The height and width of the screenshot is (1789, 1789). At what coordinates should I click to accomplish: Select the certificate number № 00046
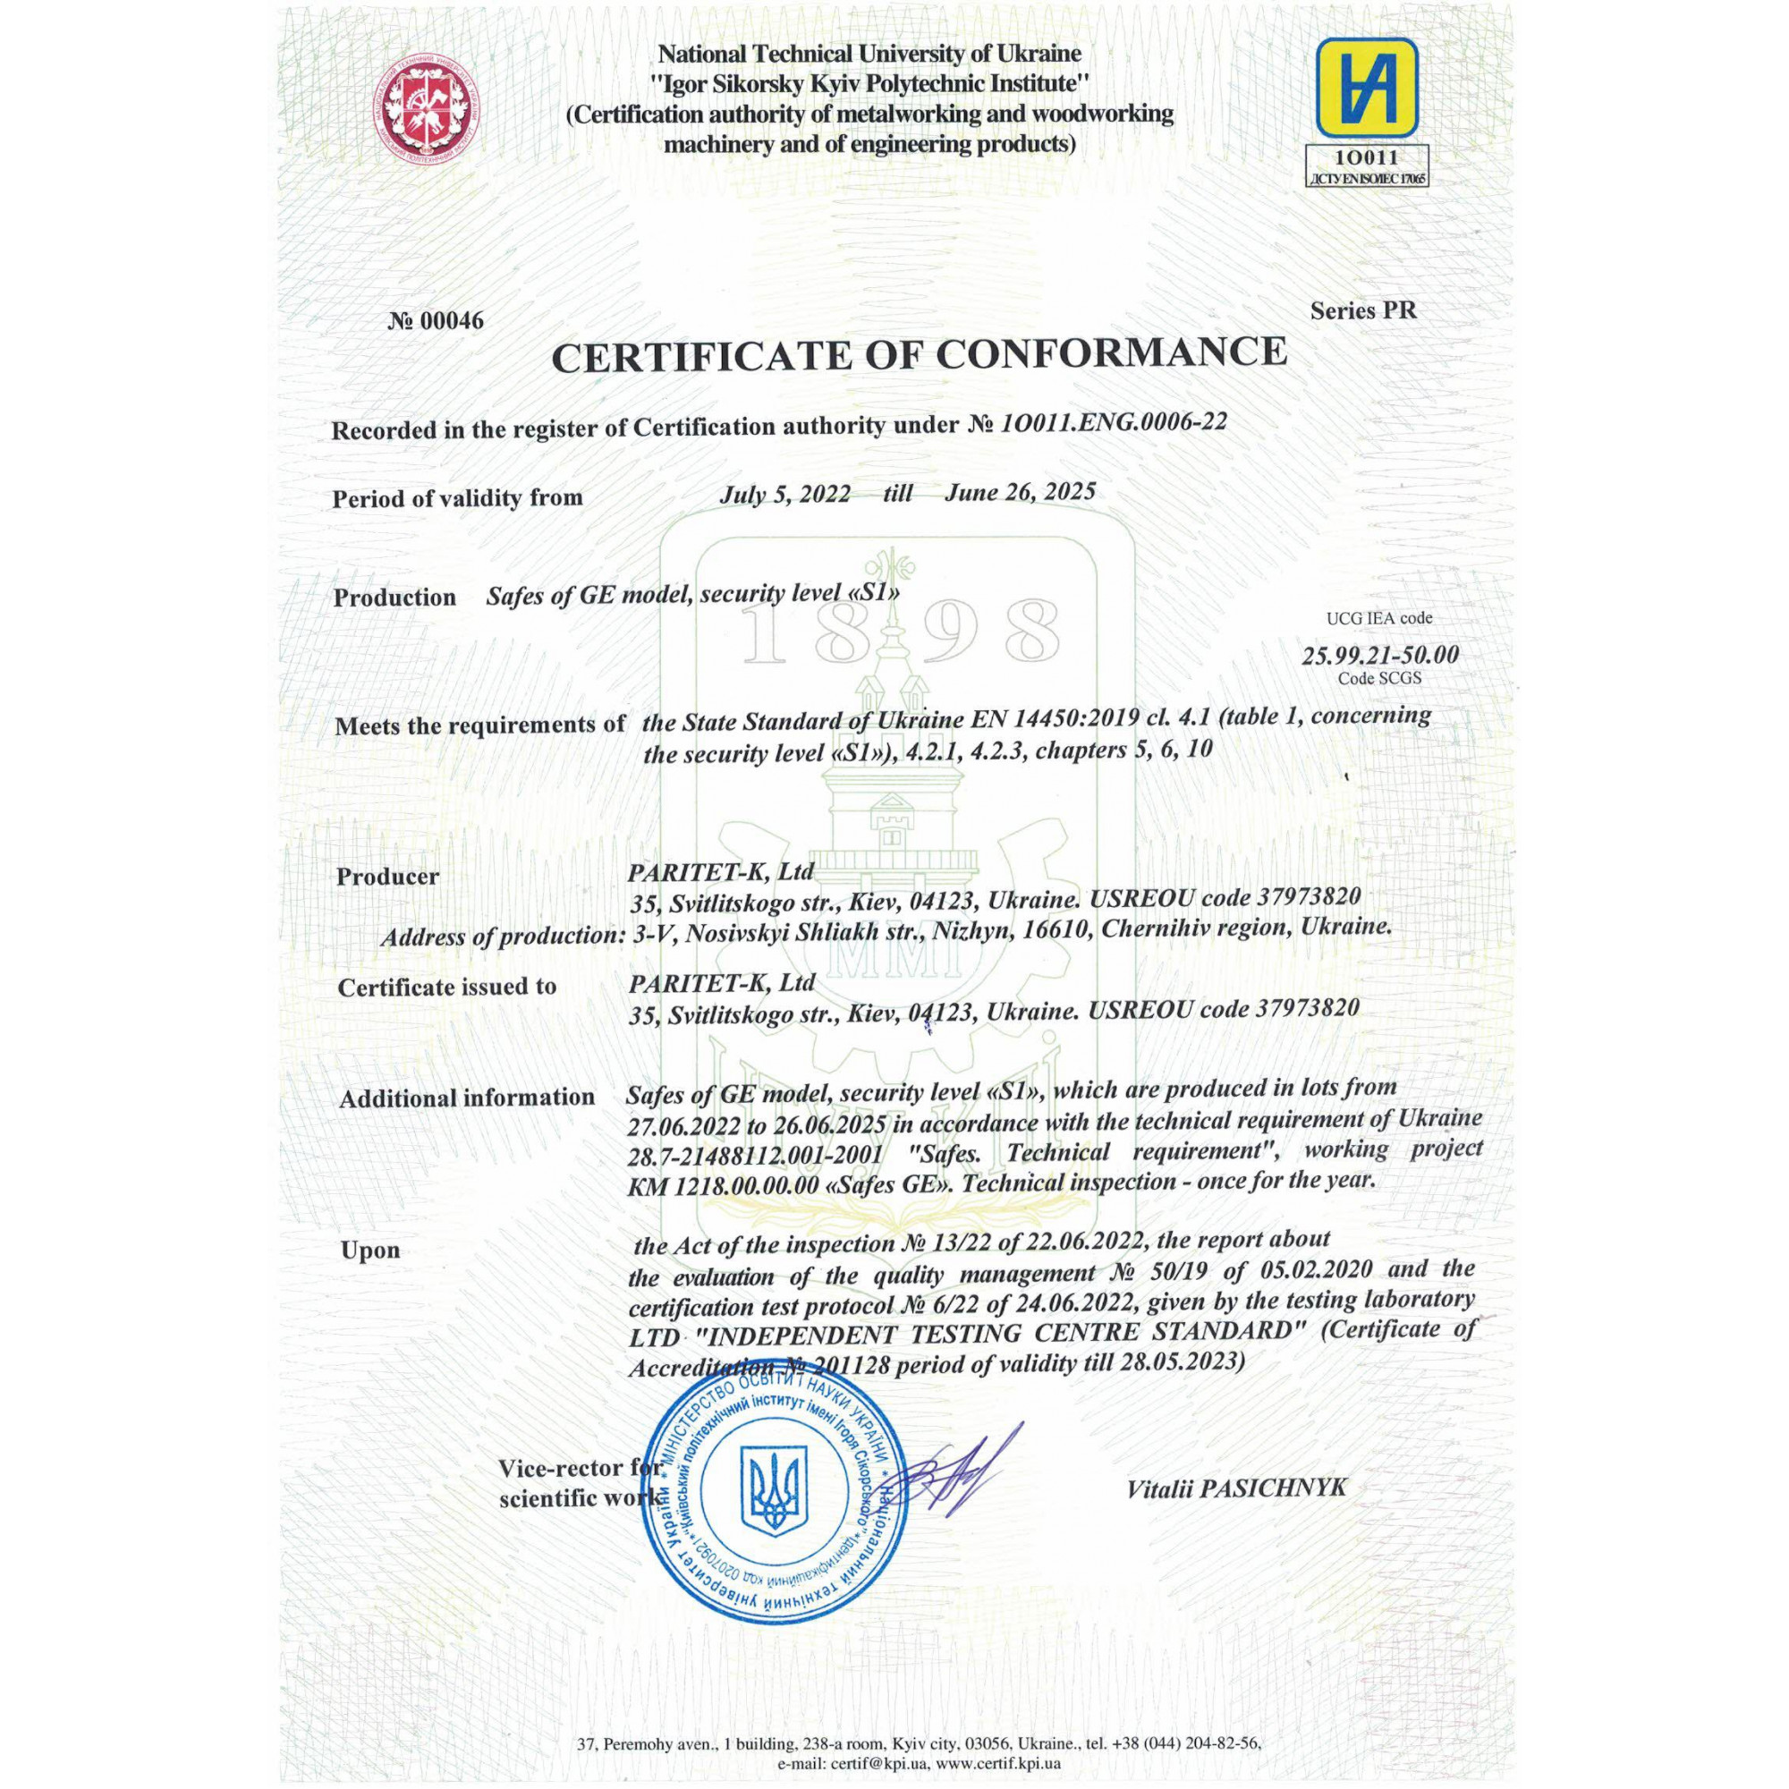coord(436,321)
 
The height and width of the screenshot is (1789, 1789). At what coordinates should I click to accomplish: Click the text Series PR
coord(1363,311)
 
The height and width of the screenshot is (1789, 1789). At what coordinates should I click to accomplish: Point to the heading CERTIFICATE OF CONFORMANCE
coord(919,353)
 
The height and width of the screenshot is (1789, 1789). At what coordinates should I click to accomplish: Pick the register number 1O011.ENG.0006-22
coord(1114,422)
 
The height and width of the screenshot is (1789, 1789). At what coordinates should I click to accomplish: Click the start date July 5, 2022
coord(785,494)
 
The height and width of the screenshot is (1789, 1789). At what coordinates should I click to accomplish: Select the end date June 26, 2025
coord(1020,492)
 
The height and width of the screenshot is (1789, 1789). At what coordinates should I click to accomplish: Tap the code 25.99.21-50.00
coord(1379,656)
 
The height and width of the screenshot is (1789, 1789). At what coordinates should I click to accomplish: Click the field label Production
coord(394,598)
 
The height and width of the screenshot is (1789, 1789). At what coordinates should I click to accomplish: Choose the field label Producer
coord(387,876)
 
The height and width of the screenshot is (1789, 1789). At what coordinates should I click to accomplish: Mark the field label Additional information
coord(467,1098)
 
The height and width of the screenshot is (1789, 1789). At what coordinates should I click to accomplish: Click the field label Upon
coord(370,1251)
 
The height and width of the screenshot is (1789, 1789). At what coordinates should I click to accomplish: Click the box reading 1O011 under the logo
coord(1367,158)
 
